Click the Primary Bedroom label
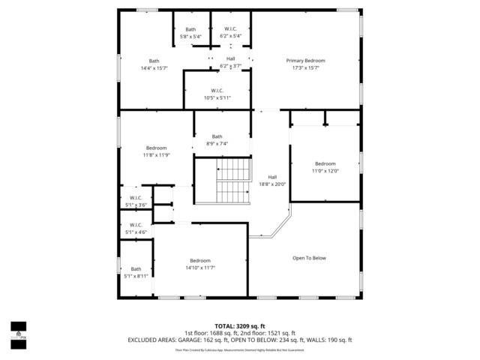[x=305, y=61]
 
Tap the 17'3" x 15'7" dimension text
[x=305, y=68]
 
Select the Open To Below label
[x=309, y=258]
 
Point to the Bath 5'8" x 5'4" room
[x=190, y=33]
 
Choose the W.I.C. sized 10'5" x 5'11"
[x=217, y=94]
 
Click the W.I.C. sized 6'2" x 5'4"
[x=230, y=33]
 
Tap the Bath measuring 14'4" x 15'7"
[x=154, y=64]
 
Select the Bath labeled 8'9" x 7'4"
[x=217, y=139]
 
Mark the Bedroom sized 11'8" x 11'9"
[x=156, y=151]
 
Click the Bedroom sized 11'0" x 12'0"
[x=325, y=167]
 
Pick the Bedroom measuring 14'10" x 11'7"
[x=199, y=264]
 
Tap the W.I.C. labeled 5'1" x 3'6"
[x=136, y=201]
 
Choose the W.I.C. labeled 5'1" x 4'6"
[x=136, y=229]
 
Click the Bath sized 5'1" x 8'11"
[x=136, y=272]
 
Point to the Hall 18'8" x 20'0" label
[x=272, y=180]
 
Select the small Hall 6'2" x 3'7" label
[x=230, y=61]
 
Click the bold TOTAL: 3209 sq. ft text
[x=240, y=327]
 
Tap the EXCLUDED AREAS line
[x=240, y=340]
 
